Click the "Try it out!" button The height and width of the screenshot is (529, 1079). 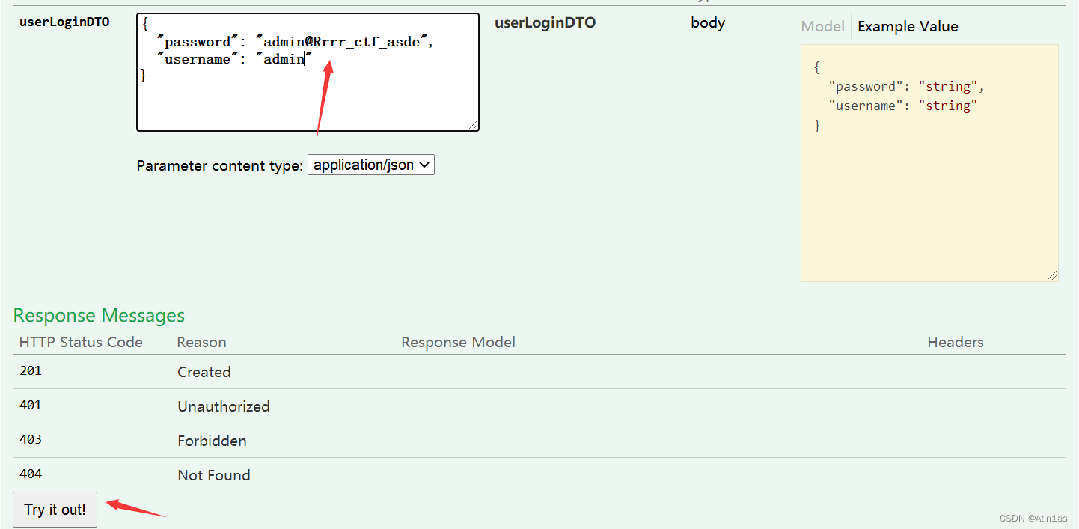pos(55,510)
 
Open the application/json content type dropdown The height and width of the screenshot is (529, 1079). pos(370,165)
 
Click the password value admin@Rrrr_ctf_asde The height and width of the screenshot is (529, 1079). pos(341,42)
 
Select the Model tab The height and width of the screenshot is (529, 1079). pos(822,26)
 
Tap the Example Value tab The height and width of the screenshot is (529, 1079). pos(908,26)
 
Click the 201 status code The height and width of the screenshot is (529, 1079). pos(31,371)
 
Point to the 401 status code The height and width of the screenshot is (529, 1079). pos(31,406)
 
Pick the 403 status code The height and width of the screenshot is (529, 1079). pos(31,440)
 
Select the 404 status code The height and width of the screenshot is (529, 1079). pos(31,474)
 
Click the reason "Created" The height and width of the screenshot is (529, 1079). pos(204,372)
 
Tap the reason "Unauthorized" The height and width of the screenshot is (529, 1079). pos(223,406)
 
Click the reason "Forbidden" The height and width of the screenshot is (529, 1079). pos(212,441)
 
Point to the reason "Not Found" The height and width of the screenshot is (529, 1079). pos(213,475)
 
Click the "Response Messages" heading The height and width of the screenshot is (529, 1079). pos(99,316)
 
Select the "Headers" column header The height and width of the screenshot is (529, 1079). pos(955,343)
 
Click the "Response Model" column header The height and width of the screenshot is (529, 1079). pos(458,343)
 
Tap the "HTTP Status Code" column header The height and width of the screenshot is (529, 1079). pos(81,343)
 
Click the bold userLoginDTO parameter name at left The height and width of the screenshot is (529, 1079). pos(64,22)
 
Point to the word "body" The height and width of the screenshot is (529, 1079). pos(707,22)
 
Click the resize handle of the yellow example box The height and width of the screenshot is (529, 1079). pos(1053,275)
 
